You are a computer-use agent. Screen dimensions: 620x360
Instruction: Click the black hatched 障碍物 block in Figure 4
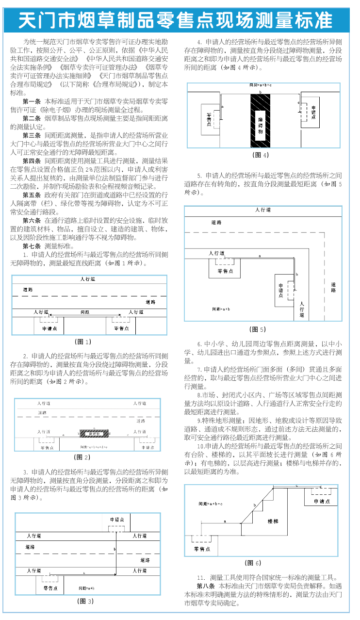pos(261,120)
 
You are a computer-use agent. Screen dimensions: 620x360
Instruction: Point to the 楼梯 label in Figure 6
pos(273,521)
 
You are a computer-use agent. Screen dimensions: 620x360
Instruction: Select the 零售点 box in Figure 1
pos(121,328)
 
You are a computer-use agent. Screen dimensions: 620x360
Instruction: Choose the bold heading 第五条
pos(32,195)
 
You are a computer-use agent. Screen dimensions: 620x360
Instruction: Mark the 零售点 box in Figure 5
pos(224,270)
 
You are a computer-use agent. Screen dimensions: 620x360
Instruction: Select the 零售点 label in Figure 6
pos(202,549)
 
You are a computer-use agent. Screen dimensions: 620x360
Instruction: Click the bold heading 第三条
pos(32,135)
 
